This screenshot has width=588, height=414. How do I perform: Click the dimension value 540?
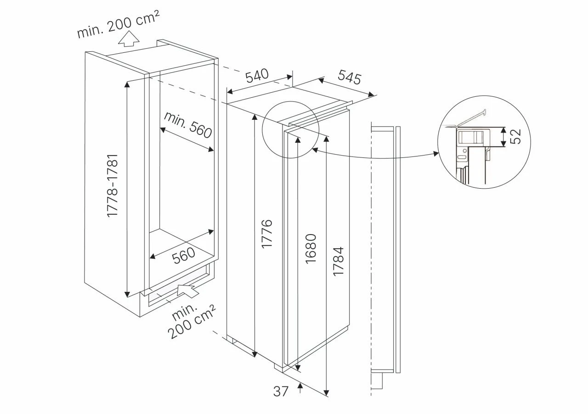point(257,75)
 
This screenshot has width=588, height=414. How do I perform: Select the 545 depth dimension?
point(350,77)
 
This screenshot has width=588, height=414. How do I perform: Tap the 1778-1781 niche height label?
point(113,186)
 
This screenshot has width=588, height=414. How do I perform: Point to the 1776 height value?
point(266,234)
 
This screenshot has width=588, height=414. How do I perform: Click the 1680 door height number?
point(311,248)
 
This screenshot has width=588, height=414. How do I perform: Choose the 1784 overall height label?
point(338,261)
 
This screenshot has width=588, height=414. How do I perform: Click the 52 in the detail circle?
point(515,136)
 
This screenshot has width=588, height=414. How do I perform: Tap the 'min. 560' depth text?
point(188,125)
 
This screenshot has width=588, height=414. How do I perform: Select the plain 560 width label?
point(183,255)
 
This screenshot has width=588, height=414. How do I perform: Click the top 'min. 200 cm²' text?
point(119,24)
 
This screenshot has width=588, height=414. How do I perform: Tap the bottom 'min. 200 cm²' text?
point(192,321)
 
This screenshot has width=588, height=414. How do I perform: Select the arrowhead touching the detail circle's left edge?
point(436,153)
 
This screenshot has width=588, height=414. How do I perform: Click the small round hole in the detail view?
point(464,151)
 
